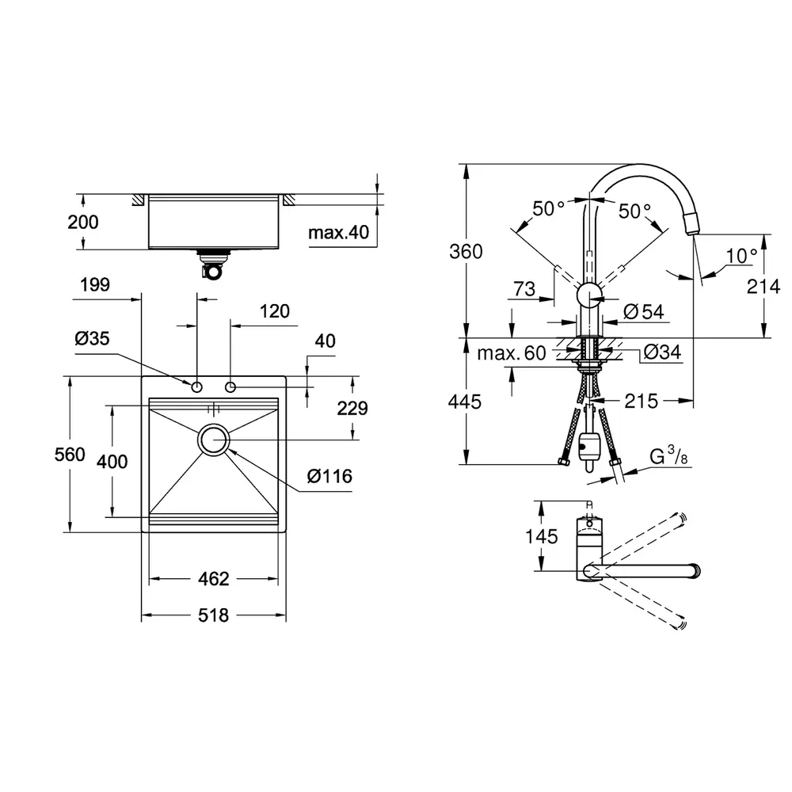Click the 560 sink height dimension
click(70, 454)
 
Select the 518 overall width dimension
click(213, 615)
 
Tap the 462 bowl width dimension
click(214, 578)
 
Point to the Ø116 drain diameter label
click(329, 476)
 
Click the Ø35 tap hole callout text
click(92, 338)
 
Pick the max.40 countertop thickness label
click(338, 232)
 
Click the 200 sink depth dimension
click(83, 222)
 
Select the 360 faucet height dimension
click(466, 251)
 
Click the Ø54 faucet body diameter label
click(643, 311)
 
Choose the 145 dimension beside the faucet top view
click(542, 536)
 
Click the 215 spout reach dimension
click(642, 401)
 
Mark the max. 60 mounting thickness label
click(511, 352)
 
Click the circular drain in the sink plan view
click(214, 440)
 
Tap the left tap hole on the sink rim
click(196, 387)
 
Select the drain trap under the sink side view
click(212, 264)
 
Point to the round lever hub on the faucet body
click(589, 294)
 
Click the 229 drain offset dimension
click(352, 408)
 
